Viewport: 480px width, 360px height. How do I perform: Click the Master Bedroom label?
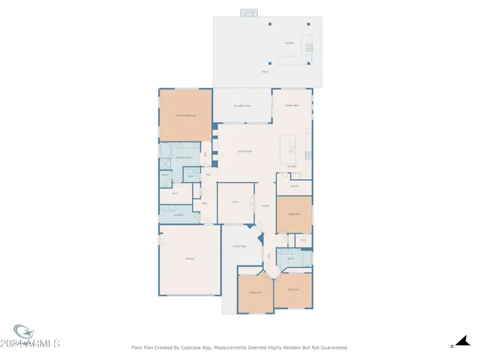pos(185,115)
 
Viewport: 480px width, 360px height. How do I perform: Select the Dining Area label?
pos(292,106)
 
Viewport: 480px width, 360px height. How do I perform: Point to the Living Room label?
pos(244,151)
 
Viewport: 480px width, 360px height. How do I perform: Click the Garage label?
pos(190,259)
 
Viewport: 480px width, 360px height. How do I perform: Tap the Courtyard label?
pos(239,246)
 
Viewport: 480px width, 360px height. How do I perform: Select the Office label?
pos(235,202)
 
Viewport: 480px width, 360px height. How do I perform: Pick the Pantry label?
pos(295,185)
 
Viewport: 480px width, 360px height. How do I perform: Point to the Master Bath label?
pos(183,157)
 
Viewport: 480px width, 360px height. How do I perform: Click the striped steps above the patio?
pos(249,13)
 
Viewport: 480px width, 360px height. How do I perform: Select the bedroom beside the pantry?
pos(293,214)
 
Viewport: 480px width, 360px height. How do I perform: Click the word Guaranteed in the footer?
pos(331,347)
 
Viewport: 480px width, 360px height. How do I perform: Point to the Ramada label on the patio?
pos(289,43)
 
